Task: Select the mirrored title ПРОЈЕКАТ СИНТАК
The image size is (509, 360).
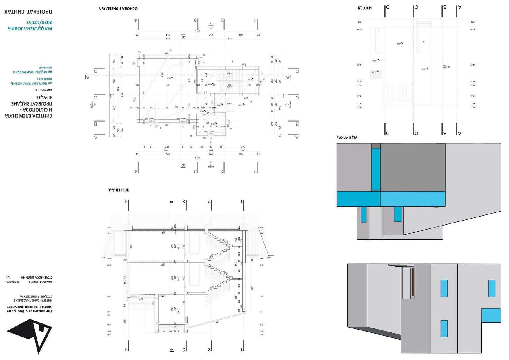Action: pos(28,12)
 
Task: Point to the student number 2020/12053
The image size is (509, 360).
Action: pos(39,22)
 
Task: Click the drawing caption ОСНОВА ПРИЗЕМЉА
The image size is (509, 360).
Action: pos(118,8)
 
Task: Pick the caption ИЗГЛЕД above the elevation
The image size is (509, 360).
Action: pos(364,8)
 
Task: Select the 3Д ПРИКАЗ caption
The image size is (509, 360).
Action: pos(347,137)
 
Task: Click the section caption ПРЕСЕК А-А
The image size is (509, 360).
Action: pos(119,190)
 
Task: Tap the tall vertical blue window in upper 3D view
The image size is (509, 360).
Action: pos(376,169)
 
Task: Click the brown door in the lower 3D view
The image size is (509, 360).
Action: pos(413,283)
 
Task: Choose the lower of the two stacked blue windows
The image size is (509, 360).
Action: pos(444,328)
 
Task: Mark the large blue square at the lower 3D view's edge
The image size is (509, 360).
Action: pos(491,315)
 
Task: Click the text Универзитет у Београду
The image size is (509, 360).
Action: pos(30,311)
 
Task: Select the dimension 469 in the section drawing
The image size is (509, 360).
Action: pos(252,288)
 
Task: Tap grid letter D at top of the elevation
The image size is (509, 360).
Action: pos(388,7)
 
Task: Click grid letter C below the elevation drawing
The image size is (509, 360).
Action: pos(416,133)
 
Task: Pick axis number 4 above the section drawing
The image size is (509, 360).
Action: pos(126,201)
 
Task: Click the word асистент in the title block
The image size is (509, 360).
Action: pos(45,67)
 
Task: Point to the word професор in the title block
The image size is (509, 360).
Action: pos(44,79)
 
